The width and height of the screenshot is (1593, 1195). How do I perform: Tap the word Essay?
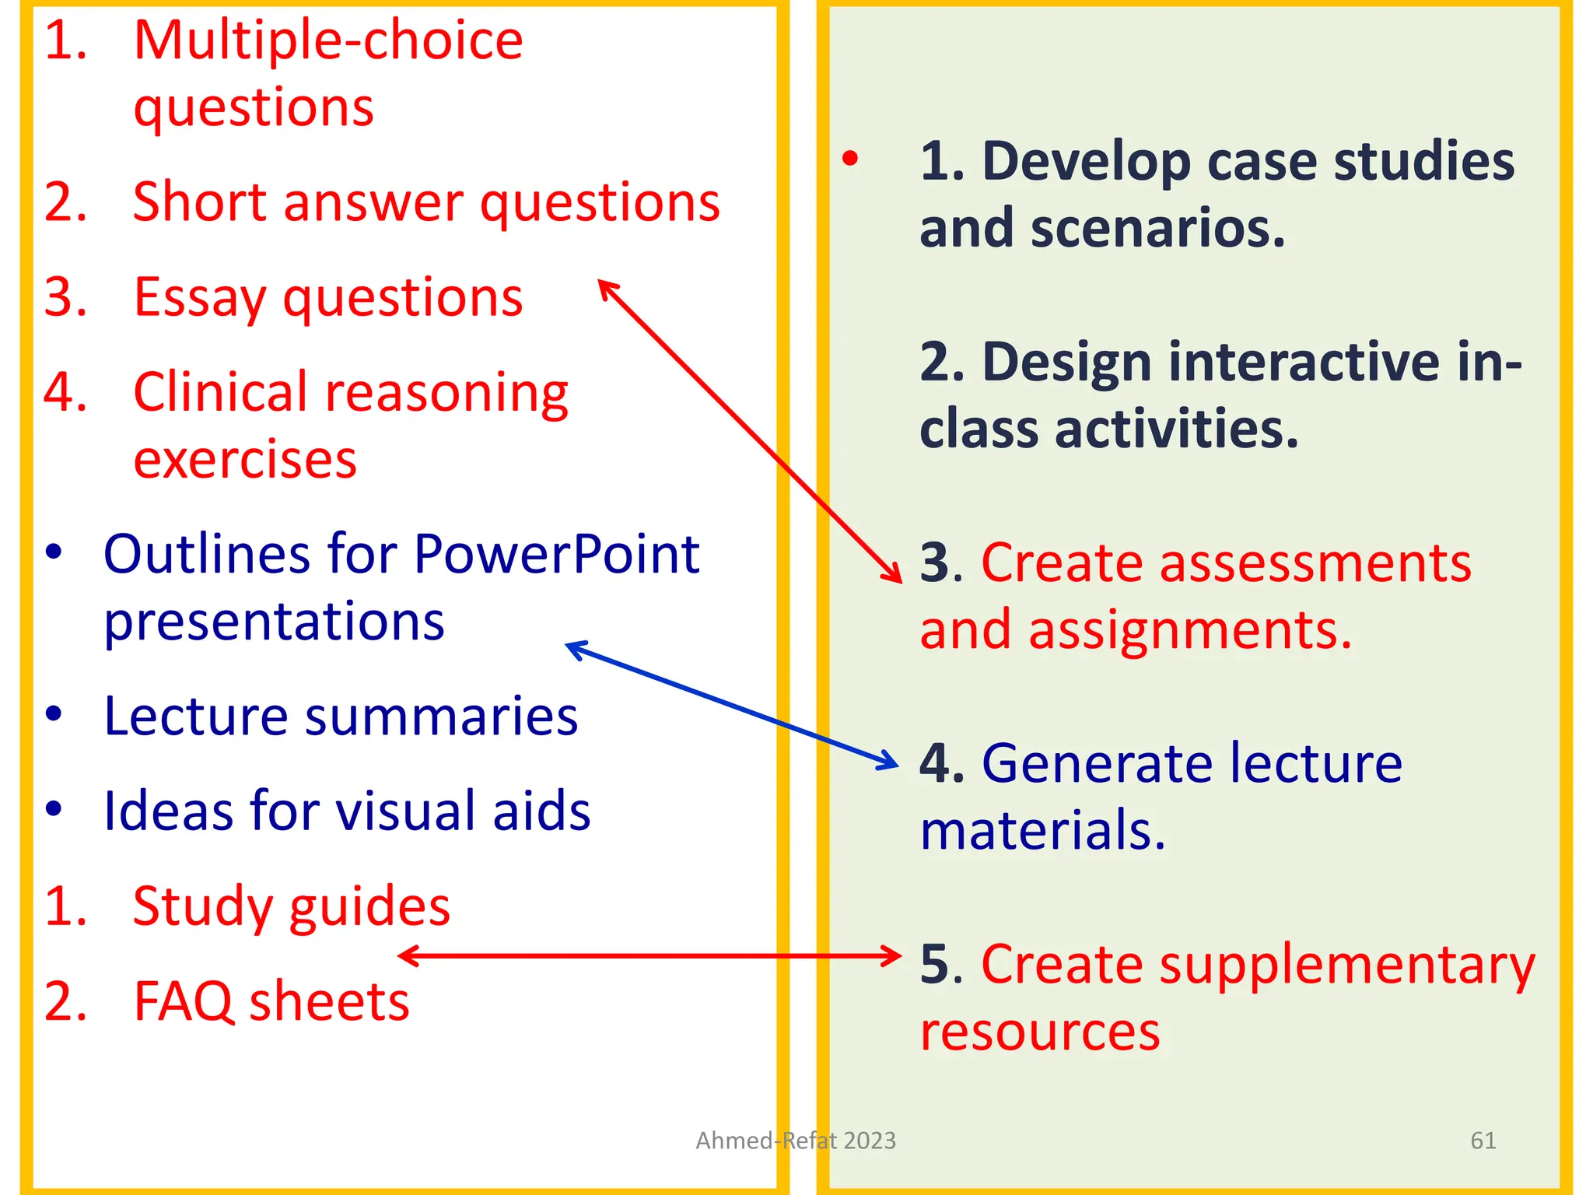[x=200, y=298]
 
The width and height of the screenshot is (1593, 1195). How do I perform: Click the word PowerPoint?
[x=556, y=555]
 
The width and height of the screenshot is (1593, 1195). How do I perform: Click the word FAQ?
[x=184, y=1001]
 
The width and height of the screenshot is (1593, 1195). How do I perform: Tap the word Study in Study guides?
[x=202, y=907]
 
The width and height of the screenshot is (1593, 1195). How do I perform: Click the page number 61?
[x=1483, y=1141]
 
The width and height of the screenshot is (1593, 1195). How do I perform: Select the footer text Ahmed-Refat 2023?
[x=796, y=1141]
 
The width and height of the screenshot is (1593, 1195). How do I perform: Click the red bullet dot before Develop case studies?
[x=850, y=159]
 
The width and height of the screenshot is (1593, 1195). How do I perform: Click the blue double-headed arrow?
[x=731, y=705]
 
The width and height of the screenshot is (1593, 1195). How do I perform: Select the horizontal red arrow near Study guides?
[x=649, y=955]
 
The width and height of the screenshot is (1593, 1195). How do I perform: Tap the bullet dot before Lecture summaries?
[x=53, y=714]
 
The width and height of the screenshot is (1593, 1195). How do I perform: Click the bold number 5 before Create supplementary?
[x=936, y=965]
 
